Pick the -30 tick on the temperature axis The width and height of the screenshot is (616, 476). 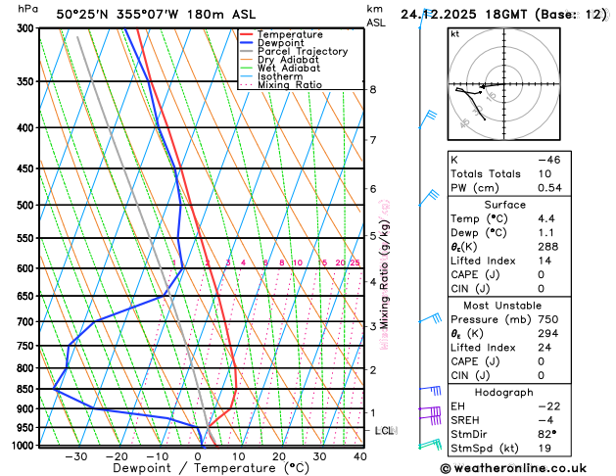(75, 456)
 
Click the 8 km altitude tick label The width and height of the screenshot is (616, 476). (373, 90)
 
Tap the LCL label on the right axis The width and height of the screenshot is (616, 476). (385, 431)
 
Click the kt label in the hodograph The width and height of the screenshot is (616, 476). (455, 34)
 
